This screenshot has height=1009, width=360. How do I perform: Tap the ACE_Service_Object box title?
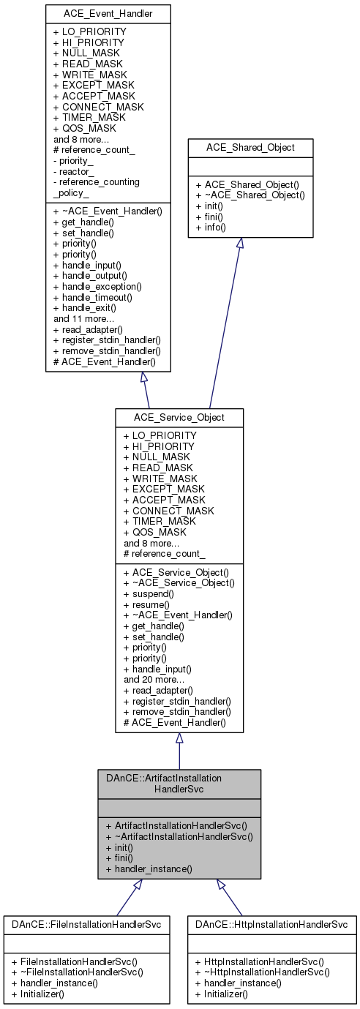click(x=179, y=416)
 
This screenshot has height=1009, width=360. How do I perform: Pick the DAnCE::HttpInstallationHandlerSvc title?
click(x=271, y=924)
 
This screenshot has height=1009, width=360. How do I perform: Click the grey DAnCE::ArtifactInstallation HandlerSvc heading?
click(x=179, y=783)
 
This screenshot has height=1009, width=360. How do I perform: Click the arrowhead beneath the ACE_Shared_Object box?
click(x=239, y=243)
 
